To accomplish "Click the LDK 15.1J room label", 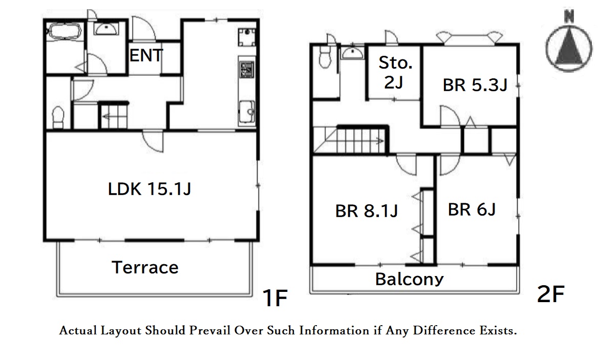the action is [x=149, y=189].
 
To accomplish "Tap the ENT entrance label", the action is [x=146, y=56].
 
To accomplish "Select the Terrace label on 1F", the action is [x=145, y=267].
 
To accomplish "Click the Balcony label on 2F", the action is [x=409, y=279].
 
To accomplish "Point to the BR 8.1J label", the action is [x=367, y=211].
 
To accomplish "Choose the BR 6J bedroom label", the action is [x=472, y=210].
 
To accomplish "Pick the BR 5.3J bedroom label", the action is [x=475, y=85].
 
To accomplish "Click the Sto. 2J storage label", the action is [x=395, y=72].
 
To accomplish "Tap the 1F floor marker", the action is [x=274, y=298].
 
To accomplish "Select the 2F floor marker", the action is [x=550, y=294].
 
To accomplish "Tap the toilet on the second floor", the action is [x=325, y=56].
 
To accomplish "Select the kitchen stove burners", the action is [x=246, y=70].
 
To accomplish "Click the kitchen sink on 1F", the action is [x=247, y=112].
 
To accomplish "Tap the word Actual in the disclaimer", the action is [x=78, y=330].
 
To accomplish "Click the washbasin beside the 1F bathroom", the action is [x=106, y=29].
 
